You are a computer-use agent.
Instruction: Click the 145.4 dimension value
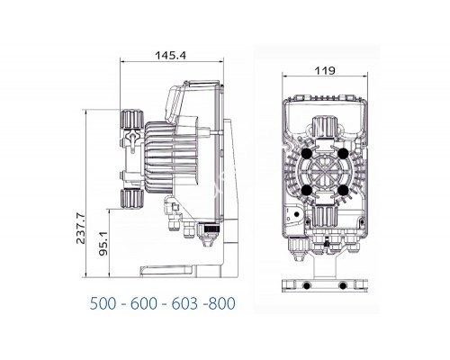(170, 56)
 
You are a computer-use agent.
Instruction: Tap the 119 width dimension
(325, 70)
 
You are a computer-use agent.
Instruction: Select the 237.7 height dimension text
(80, 229)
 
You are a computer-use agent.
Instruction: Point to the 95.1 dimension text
(103, 243)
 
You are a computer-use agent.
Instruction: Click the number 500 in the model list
(103, 303)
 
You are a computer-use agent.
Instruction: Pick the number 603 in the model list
(184, 303)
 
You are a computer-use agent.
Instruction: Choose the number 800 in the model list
(221, 303)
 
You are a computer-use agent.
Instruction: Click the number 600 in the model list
(144, 303)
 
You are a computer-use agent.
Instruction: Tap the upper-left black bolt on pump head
(307, 154)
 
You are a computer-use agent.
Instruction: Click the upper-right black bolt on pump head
(343, 154)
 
